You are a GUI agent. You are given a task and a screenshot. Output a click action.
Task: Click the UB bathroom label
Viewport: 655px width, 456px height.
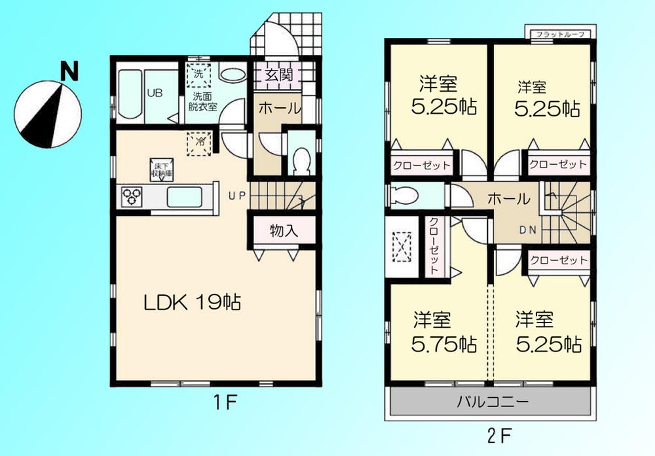[155, 93]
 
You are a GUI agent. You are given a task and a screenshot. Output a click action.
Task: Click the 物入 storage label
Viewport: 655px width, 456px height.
[284, 230]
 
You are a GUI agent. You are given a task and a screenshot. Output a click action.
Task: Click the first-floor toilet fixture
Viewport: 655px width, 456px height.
[302, 160]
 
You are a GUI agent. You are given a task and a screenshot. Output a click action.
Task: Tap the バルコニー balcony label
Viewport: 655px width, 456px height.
[492, 402]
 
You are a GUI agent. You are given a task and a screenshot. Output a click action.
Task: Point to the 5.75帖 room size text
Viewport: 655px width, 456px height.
[444, 343]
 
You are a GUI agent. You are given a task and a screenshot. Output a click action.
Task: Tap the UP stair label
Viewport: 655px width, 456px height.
[236, 195]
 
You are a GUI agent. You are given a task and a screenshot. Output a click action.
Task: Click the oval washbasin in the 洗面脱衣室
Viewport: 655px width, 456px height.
[231, 75]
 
